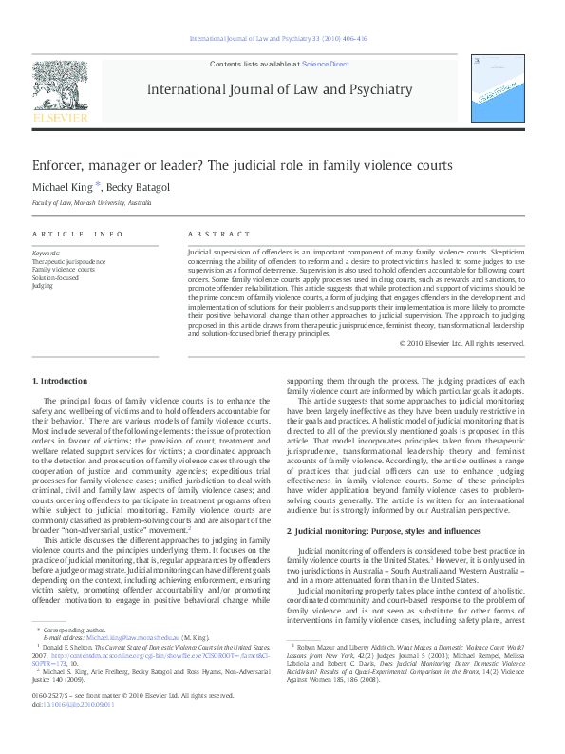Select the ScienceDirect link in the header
click(326, 65)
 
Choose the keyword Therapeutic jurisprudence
click(69, 261)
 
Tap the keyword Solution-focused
click(56, 277)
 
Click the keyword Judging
click(43, 285)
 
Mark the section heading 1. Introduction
click(59, 381)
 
